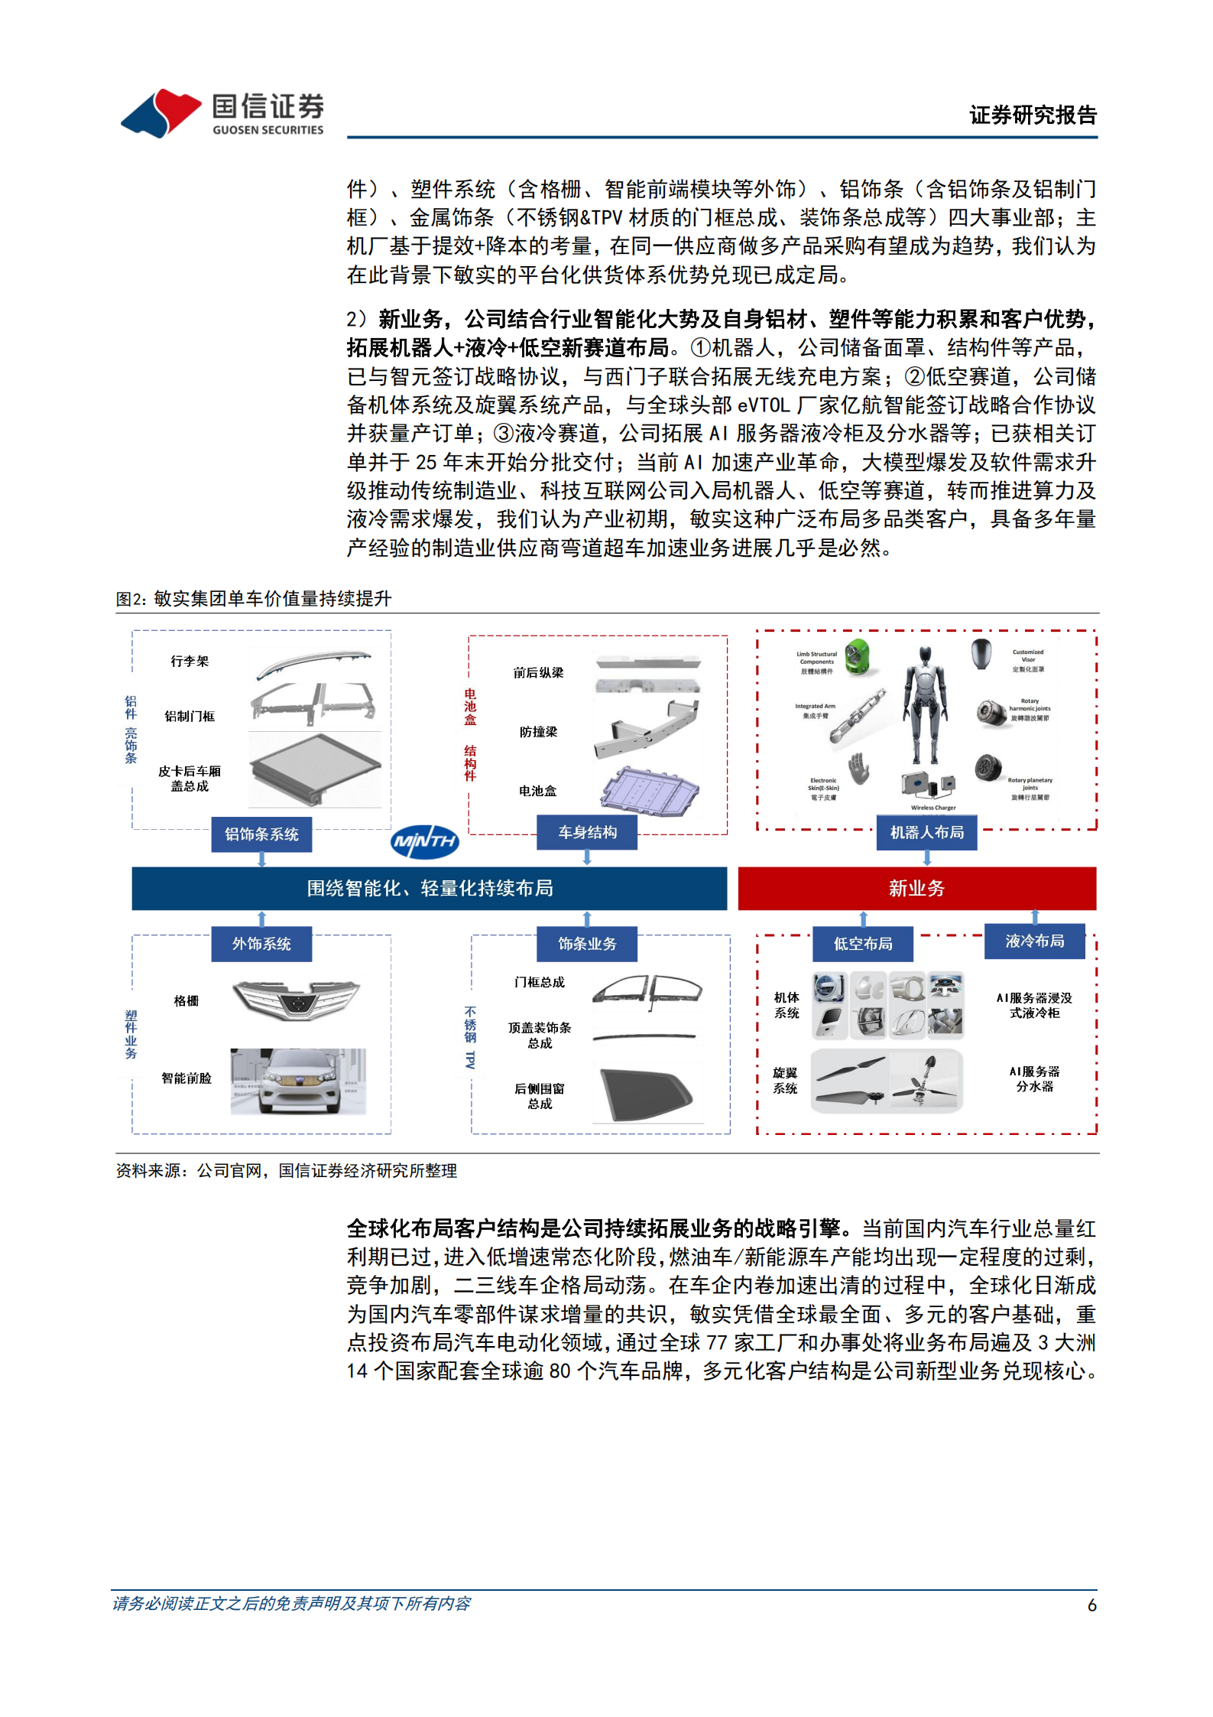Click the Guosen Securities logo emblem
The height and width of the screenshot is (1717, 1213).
161,113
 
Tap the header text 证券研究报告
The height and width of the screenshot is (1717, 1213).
1033,115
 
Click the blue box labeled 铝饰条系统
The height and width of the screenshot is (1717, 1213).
261,834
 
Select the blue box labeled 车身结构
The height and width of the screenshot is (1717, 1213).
586,832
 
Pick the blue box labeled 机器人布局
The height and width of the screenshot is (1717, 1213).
926,832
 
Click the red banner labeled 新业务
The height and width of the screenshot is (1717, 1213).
916,888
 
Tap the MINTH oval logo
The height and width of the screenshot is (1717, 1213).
425,842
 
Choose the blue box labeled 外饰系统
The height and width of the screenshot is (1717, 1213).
261,944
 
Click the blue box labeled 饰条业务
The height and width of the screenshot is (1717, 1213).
586,944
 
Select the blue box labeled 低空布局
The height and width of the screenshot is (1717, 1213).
863,944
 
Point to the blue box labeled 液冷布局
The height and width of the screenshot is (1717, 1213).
1034,941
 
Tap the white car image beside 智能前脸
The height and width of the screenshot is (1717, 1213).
298,1081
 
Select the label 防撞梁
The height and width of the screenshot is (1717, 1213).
538,732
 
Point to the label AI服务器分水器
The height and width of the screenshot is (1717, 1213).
1034,1078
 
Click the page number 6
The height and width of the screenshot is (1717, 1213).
1091,1605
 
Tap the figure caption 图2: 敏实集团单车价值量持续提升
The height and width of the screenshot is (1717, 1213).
254,599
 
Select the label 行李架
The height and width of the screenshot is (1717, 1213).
190,661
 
